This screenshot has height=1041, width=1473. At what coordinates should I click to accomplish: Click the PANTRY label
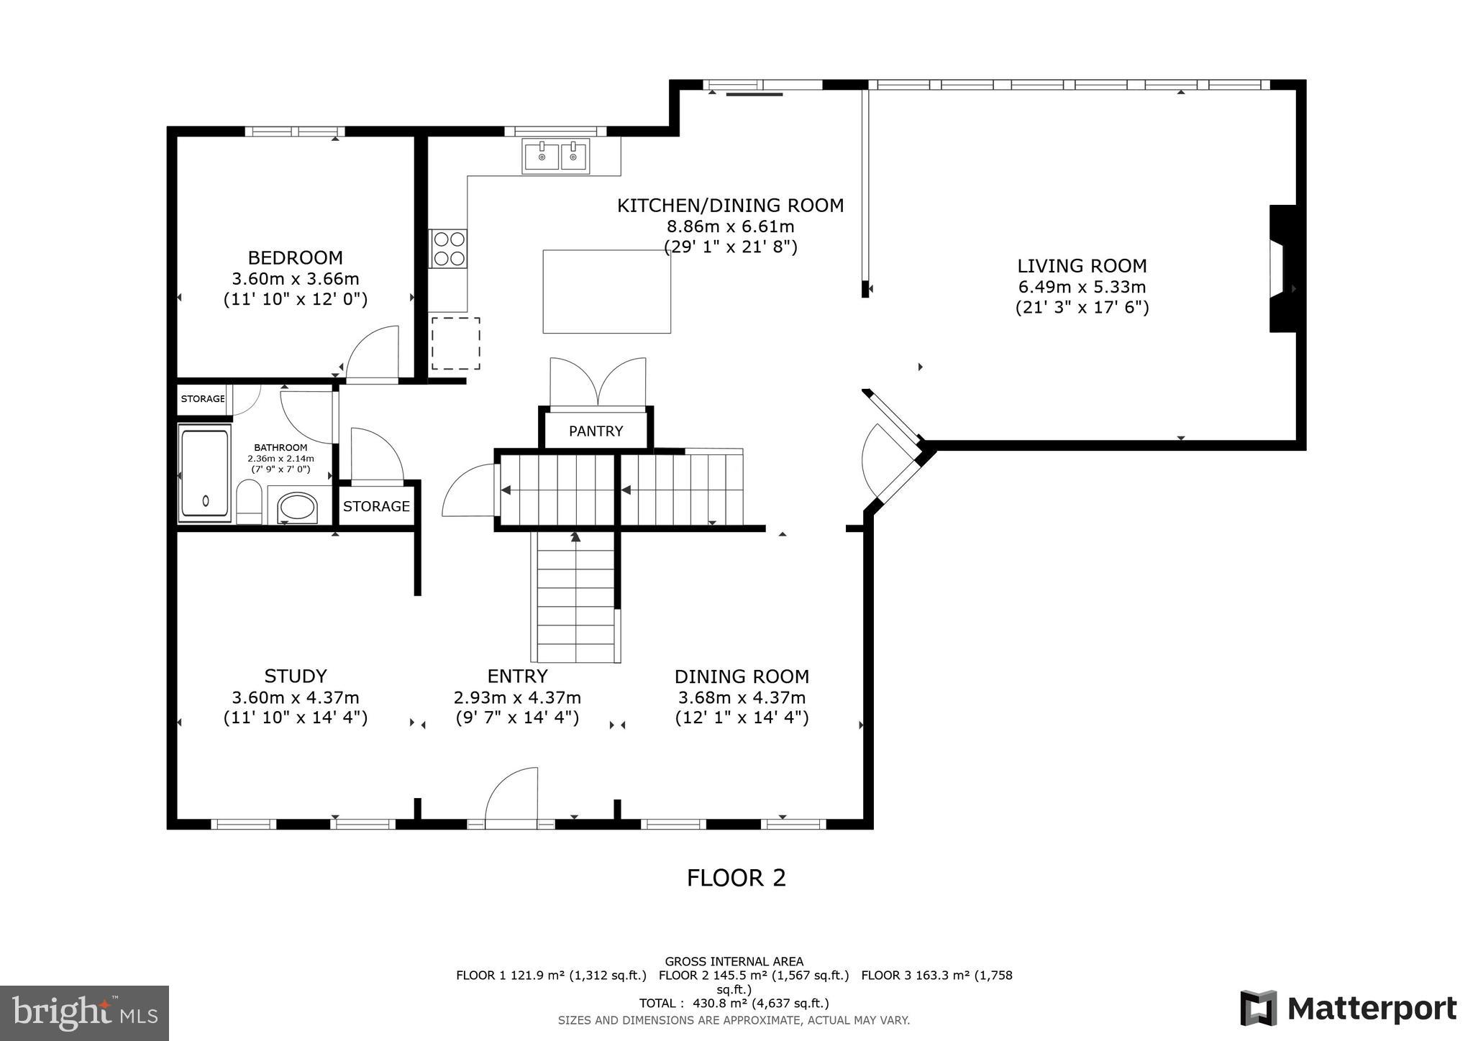[x=596, y=431]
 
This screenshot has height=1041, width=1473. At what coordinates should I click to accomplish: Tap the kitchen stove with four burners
[x=448, y=248]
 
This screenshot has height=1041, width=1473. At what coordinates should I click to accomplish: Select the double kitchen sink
[x=556, y=156]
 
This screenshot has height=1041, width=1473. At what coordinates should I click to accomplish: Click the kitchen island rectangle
[x=606, y=291]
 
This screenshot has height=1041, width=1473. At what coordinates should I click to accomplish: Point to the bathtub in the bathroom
[x=205, y=473]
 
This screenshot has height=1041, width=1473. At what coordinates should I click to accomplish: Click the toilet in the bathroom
[x=249, y=501]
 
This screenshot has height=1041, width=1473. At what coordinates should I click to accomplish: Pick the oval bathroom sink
[x=297, y=507]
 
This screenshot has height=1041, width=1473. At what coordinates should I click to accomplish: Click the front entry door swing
[x=512, y=797]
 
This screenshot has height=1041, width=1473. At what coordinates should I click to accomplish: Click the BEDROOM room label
[x=295, y=257]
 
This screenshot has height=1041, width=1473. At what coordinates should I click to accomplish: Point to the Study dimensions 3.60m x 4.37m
[x=295, y=697]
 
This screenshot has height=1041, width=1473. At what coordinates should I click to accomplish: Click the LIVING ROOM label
[x=1081, y=265]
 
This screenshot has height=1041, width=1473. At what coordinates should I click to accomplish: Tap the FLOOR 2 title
[x=736, y=878]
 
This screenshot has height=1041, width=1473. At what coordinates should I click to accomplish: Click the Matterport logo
[x=1348, y=1008]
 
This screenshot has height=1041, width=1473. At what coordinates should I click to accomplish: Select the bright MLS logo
[x=84, y=1013]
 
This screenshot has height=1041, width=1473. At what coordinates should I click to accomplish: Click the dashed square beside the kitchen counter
[x=455, y=344]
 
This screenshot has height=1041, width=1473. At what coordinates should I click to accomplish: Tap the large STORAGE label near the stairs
[x=376, y=506]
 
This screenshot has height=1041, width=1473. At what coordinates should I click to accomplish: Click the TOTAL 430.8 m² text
[x=734, y=1003]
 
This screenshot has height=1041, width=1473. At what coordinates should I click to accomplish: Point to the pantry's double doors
[x=598, y=383]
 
